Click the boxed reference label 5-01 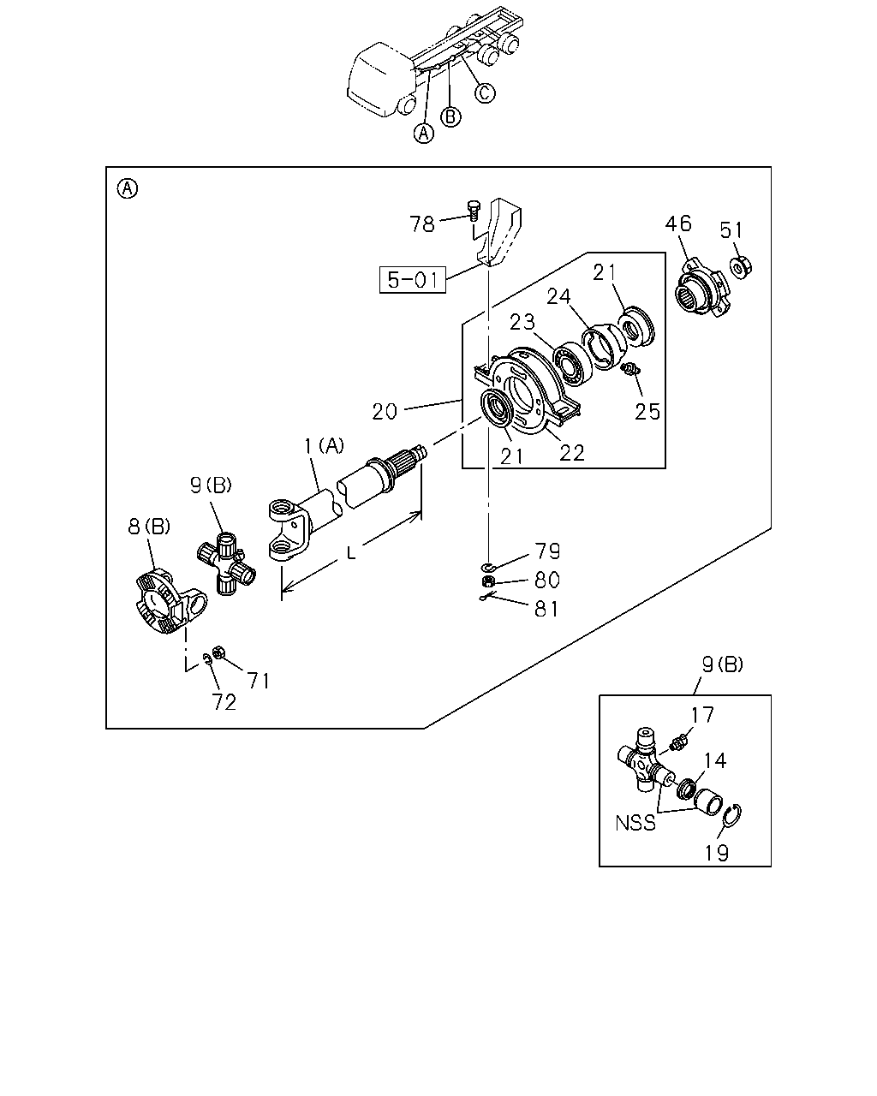click(412, 280)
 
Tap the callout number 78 click(422, 224)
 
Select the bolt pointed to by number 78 click(474, 211)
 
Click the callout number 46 click(678, 223)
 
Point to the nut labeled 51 click(742, 267)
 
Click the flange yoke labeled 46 click(704, 288)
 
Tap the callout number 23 click(522, 322)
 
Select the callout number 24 click(559, 296)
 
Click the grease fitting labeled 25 click(630, 369)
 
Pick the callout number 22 click(572, 453)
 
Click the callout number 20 click(385, 412)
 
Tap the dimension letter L click(351, 552)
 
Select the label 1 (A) click(324, 446)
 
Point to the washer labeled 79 click(488, 567)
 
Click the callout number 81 click(546, 609)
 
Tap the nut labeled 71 click(218, 652)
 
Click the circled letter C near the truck click(485, 93)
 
